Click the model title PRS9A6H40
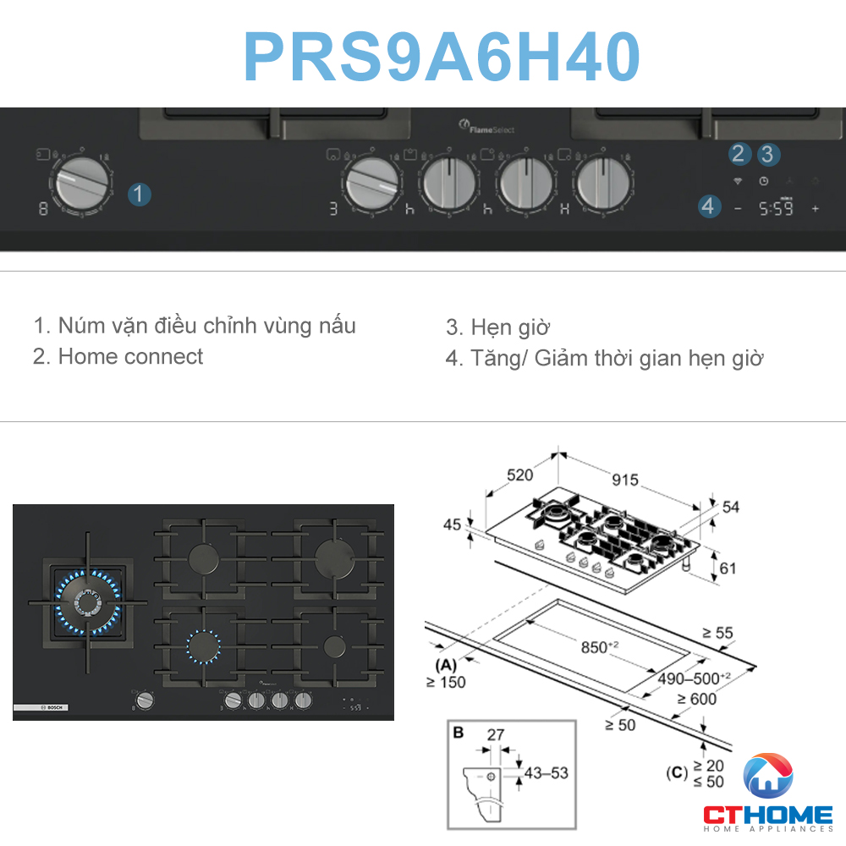coord(441,57)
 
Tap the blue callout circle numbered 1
coord(140,194)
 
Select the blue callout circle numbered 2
coord(739,154)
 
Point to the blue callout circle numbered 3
coord(768,154)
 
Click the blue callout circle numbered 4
coord(709,206)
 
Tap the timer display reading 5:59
coord(775,208)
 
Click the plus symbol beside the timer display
coord(816,208)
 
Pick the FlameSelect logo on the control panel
coord(486,128)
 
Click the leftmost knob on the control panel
coord(81,184)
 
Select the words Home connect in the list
coord(130,356)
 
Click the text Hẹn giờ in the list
coord(510,327)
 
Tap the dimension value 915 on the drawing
coord(624,480)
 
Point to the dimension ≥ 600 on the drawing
coord(695,698)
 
